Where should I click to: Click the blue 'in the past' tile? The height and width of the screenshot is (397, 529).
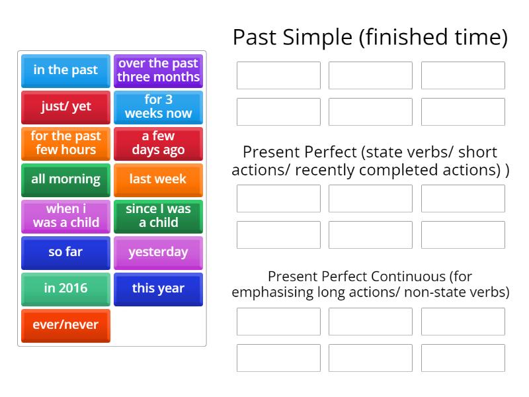(65, 70)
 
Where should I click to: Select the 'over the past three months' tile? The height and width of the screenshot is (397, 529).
(158, 70)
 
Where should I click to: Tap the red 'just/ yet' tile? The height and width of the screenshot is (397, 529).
(65, 107)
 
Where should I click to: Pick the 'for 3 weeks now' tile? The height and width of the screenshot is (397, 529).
(158, 107)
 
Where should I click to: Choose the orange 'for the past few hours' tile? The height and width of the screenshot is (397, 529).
(65, 143)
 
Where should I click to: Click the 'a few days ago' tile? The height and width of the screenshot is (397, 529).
(158, 143)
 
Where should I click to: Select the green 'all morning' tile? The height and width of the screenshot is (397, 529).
(65, 179)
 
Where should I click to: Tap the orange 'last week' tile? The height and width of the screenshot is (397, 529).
(158, 179)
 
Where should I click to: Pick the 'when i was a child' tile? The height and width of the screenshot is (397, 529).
(65, 216)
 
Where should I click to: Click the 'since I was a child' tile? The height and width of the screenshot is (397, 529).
(158, 216)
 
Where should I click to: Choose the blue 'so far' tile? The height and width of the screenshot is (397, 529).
(65, 252)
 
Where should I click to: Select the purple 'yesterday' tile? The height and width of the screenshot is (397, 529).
(158, 252)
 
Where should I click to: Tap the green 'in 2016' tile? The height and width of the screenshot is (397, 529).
(65, 288)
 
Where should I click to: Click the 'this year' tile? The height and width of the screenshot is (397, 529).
(158, 288)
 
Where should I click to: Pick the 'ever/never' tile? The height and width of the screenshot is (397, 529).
(65, 325)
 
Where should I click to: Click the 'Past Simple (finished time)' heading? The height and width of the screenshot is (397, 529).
(370, 38)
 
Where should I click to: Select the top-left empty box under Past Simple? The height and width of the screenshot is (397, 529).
(278, 75)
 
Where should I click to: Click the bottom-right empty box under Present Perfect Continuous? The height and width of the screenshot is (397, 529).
(463, 358)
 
